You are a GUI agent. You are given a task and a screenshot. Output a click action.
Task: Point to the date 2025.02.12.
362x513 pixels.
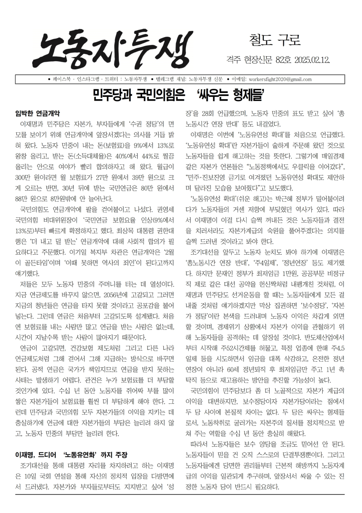tap(317, 60)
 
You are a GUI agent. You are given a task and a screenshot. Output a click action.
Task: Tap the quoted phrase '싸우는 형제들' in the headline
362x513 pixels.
tap(230, 96)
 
